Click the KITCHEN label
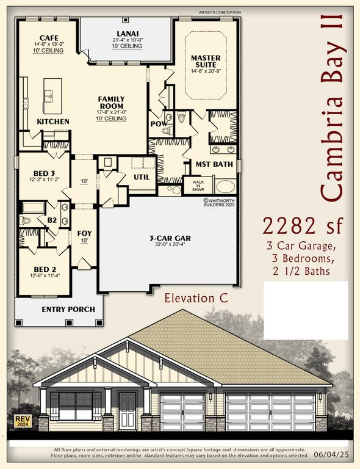coord(53,122)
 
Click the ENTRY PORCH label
coord(68,309)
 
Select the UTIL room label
coord(143,176)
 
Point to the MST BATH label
coord(211,164)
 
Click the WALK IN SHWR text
coord(198,185)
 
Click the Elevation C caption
coord(195,299)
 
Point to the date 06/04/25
coord(331,456)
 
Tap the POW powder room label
coord(158,123)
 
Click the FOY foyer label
coord(84,233)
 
